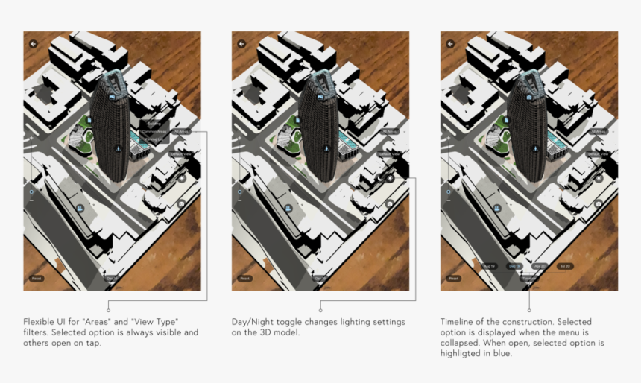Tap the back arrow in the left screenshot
pos(33,44)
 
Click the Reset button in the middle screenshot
pos(244,279)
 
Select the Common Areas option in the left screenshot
pos(154,131)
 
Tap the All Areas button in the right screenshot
pos(597,131)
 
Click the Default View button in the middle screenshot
pos(389,153)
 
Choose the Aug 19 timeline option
pos(490,266)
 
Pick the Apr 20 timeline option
pos(539,266)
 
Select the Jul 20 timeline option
pos(563,266)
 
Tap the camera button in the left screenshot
pos(182,203)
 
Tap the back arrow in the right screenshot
pos(450,44)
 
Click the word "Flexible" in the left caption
pos(38,322)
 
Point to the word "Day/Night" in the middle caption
pos(250,322)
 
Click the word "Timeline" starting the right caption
pos(457,322)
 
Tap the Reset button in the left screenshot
pos(36,279)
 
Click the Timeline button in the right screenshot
pos(529,279)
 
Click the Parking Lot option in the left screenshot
pos(154,139)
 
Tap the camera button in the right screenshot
pos(599,203)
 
